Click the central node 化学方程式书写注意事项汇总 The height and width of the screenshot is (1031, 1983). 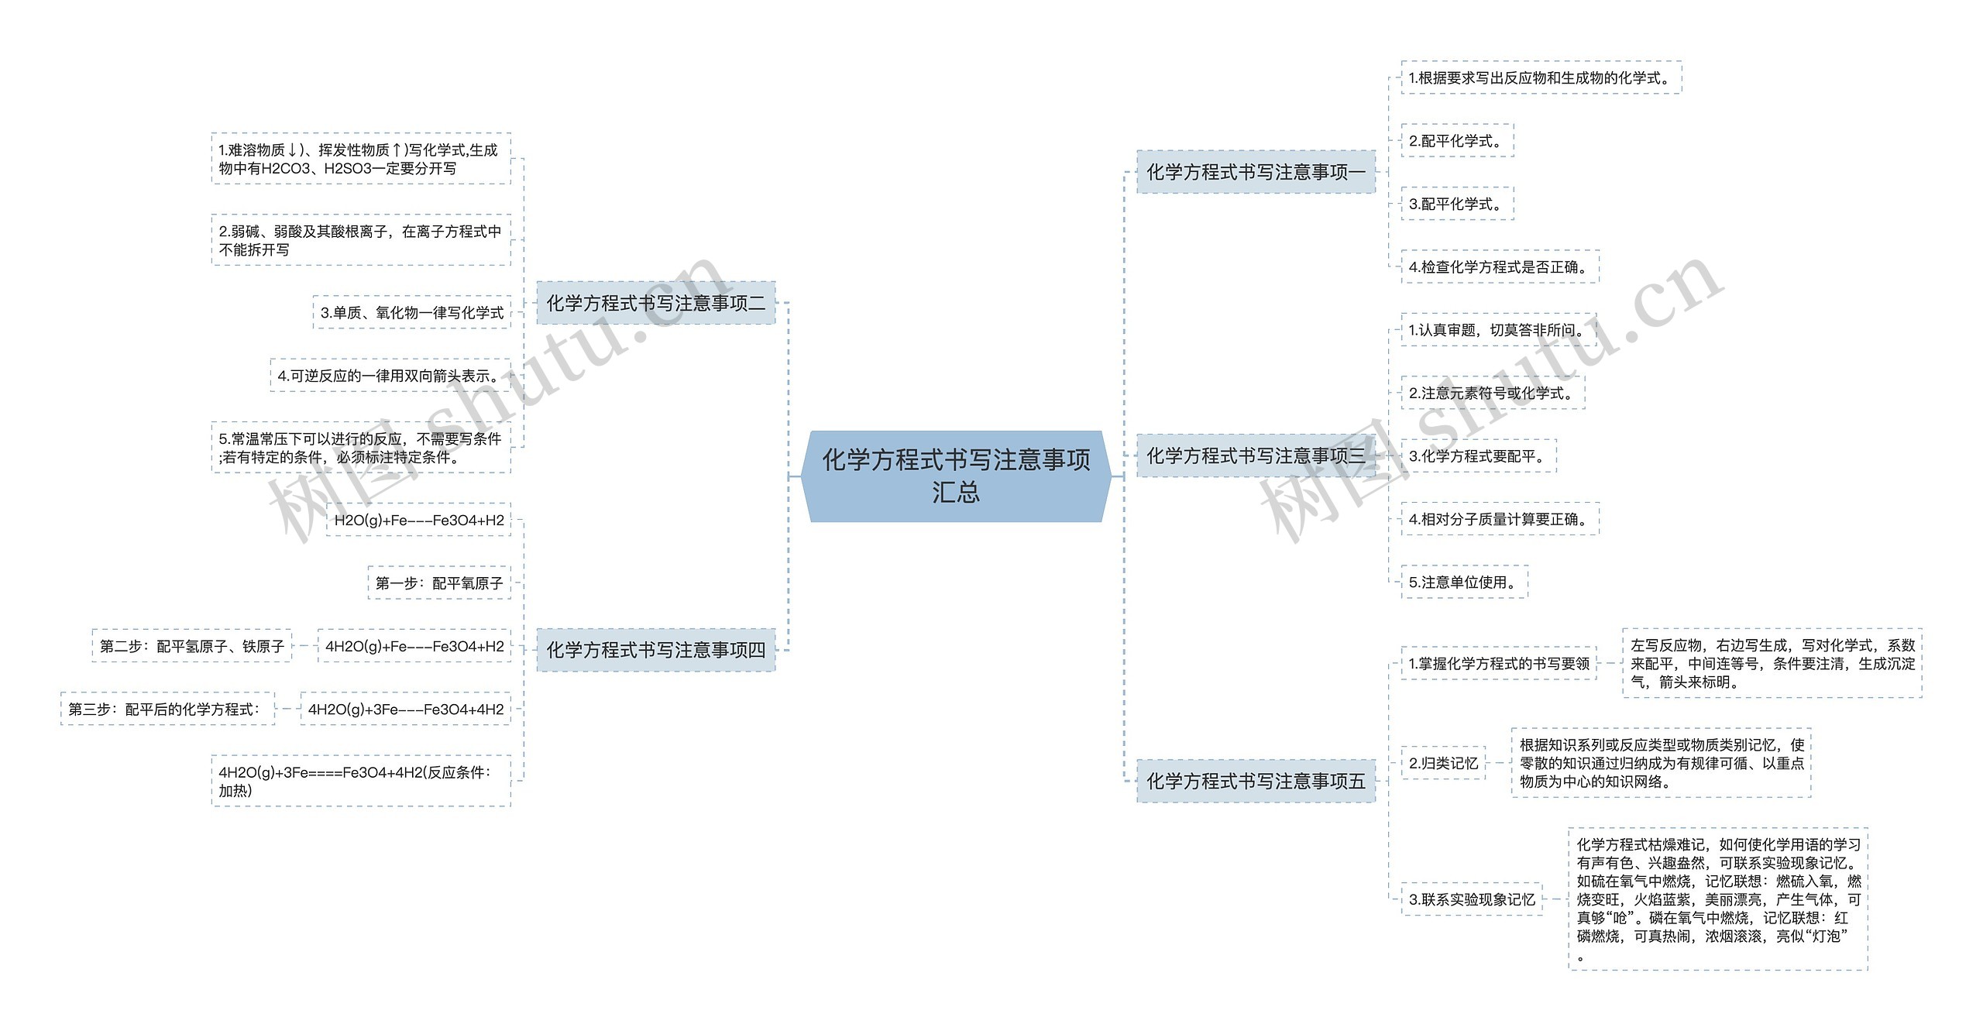(x=956, y=476)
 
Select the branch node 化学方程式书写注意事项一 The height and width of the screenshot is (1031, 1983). (x=1256, y=172)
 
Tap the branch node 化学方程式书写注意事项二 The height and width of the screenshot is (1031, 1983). (x=655, y=303)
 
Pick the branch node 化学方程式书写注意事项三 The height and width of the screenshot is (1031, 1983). (x=1256, y=455)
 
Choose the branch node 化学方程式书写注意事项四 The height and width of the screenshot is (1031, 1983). (x=655, y=650)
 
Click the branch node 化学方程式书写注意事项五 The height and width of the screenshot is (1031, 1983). (x=1256, y=781)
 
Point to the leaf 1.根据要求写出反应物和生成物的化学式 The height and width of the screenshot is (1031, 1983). (x=1541, y=77)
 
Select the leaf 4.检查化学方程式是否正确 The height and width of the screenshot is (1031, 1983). (x=1500, y=267)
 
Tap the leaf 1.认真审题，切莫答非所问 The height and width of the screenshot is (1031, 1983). (x=1498, y=330)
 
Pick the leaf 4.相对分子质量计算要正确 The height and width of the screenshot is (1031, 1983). (x=1500, y=519)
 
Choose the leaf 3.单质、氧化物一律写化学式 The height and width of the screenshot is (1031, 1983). (x=412, y=312)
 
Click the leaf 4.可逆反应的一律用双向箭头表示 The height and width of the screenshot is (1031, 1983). (x=390, y=376)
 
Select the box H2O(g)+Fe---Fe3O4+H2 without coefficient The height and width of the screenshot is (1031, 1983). (x=418, y=520)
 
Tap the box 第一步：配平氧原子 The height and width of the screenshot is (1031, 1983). (x=439, y=583)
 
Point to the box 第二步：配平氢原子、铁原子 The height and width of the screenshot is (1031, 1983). (x=192, y=646)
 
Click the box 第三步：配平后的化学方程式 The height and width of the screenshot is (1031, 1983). (x=167, y=709)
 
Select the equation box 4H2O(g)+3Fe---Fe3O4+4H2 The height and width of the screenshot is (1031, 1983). (x=405, y=709)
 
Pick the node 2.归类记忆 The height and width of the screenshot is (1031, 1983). (x=1443, y=763)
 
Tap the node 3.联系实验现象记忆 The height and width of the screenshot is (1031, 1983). (x=1472, y=899)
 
